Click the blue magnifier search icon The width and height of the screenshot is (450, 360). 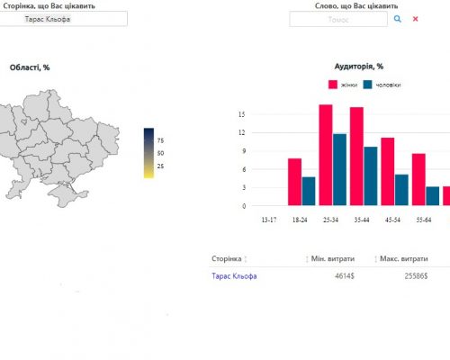(x=397, y=19)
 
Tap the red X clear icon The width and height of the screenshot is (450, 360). (x=416, y=19)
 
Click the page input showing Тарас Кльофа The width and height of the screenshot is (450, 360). (x=63, y=19)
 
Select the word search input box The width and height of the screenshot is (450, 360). (x=338, y=19)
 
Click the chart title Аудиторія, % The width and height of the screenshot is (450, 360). (x=359, y=67)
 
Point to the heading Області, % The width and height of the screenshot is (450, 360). (x=30, y=67)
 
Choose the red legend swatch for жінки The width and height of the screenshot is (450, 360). (x=333, y=85)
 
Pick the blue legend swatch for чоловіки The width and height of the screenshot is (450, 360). (x=367, y=85)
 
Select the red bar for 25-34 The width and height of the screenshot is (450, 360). (x=326, y=155)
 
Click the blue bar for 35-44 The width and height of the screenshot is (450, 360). (x=371, y=176)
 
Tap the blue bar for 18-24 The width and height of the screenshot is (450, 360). (x=309, y=191)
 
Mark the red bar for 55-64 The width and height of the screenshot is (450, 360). (x=418, y=179)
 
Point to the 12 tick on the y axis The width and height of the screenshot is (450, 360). (x=242, y=132)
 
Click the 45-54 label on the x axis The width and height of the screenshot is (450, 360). (x=392, y=220)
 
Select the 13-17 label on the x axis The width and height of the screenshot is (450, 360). (x=269, y=220)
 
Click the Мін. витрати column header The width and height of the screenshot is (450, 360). (x=333, y=258)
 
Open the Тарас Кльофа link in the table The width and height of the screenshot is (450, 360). (x=234, y=276)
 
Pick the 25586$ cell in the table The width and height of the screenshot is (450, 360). (x=416, y=276)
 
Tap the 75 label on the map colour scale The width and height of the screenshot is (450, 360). (x=160, y=140)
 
